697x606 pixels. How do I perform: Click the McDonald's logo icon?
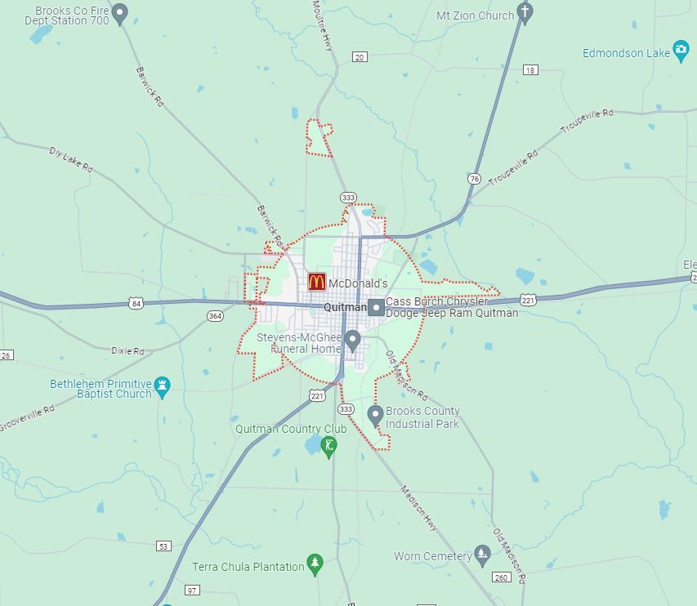(x=317, y=282)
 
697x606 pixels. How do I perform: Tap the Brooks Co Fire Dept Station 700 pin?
(x=120, y=13)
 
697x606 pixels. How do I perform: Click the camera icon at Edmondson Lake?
(x=681, y=51)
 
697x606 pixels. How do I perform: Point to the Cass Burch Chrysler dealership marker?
(x=376, y=307)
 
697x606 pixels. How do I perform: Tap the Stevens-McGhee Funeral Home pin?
(x=352, y=340)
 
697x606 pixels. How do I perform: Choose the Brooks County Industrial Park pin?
(x=375, y=415)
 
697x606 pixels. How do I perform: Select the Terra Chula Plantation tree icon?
(x=315, y=564)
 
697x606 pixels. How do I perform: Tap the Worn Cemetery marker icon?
(x=482, y=555)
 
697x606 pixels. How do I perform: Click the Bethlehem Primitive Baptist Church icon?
(x=162, y=386)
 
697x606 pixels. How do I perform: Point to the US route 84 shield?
(x=136, y=304)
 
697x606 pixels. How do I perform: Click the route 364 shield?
(x=215, y=316)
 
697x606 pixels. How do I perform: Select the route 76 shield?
(x=474, y=179)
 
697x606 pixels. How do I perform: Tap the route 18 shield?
(x=531, y=70)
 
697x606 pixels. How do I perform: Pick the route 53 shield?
(x=164, y=546)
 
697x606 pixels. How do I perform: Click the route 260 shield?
(x=501, y=577)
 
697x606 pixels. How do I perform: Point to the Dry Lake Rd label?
(x=71, y=159)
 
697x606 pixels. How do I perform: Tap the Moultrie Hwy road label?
(x=324, y=26)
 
